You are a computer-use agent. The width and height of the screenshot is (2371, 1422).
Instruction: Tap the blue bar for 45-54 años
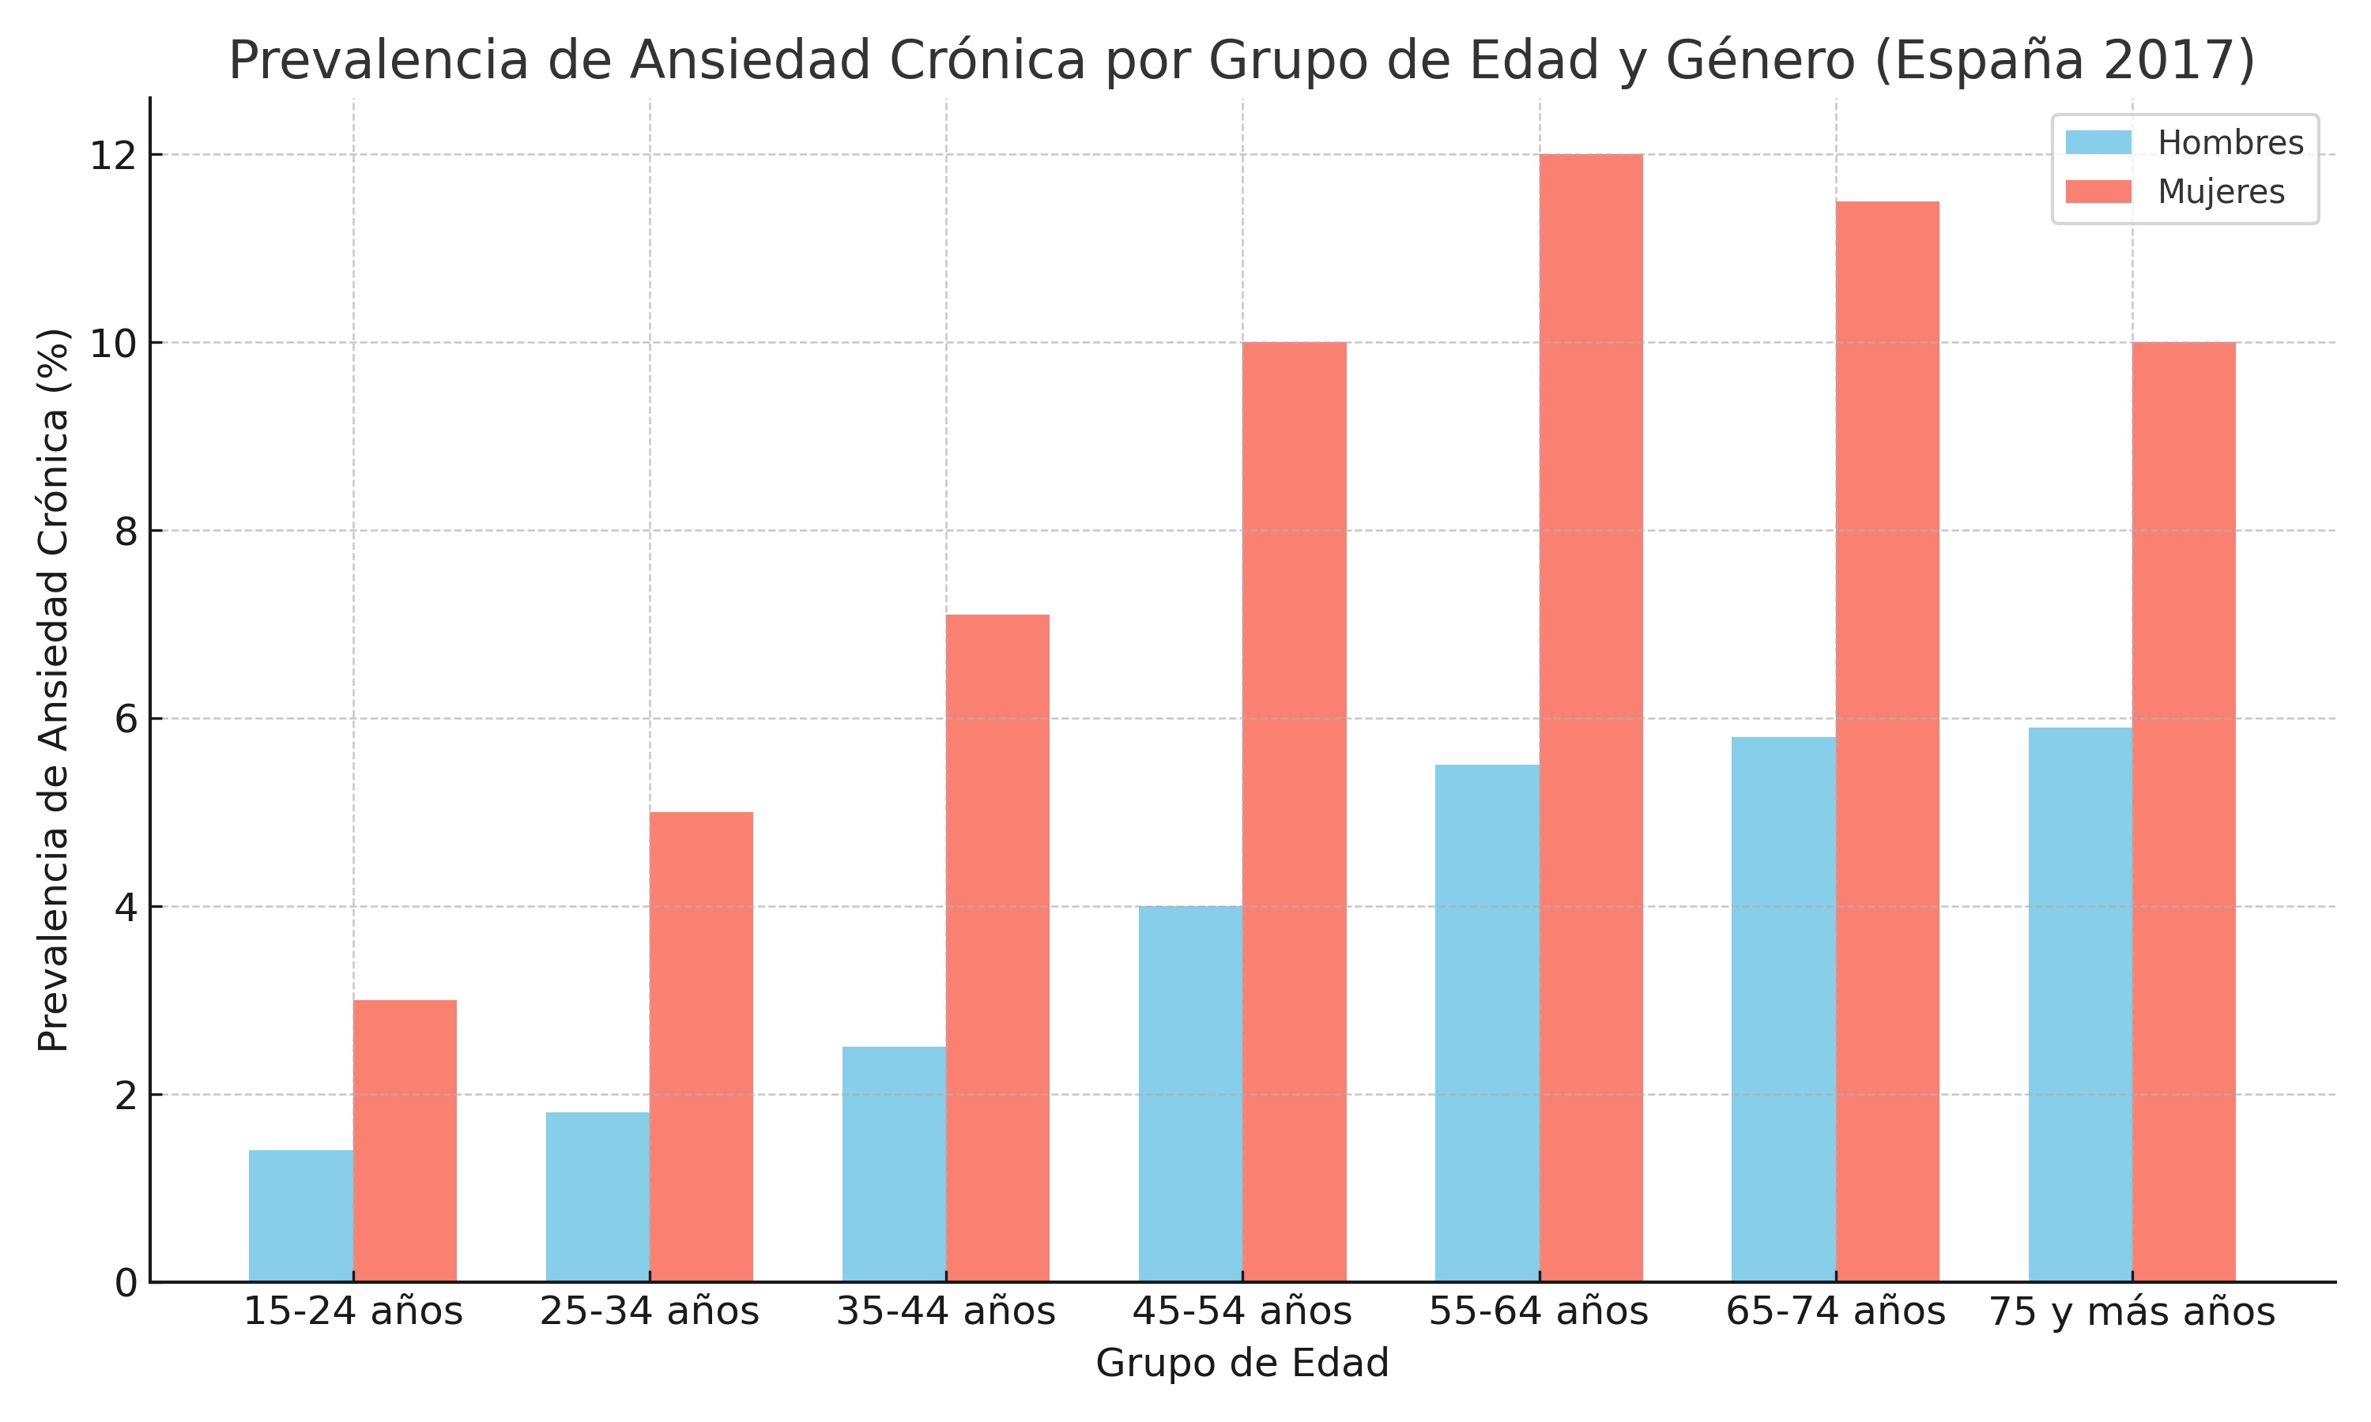[x=1190, y=1093]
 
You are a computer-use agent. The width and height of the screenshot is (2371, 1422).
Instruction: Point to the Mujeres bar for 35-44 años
[x=997, y=948]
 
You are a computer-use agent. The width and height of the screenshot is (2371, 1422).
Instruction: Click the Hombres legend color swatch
[x=2098, y=143]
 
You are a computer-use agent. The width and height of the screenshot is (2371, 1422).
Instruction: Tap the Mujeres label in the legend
[x=2221, y=192]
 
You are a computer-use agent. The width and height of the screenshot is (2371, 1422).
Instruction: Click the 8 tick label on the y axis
[x=126, y=531]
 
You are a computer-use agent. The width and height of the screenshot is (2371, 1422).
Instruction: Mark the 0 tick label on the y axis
[x=126, y=1283]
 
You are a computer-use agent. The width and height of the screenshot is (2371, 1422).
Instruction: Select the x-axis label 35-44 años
[x=946, y=1311]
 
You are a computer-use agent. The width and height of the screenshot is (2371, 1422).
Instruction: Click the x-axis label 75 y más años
[x=2132, y=1311]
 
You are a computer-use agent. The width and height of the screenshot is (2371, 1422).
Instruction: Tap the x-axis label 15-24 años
[x=352, y=1311]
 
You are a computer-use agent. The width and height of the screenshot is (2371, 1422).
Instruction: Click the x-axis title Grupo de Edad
[x=1242, y=1363]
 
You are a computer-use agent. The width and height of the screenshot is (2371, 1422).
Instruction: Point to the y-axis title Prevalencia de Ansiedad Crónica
[x=54, y=690]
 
